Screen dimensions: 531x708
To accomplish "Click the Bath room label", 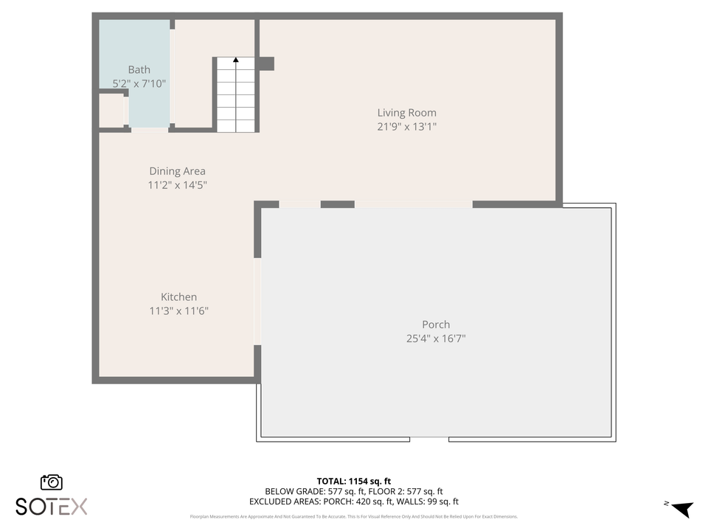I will tap(139, 70).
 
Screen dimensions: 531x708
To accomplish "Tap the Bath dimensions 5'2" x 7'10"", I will tap(139, 84).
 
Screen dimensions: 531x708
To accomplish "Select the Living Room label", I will tap(406, 113).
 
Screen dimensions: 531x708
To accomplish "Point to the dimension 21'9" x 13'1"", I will tap(406, 127).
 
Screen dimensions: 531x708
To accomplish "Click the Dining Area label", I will tap(177, 171).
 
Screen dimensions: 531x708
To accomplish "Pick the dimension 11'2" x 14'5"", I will tap(177, 185).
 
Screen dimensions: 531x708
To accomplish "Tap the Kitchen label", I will tap(178, 297).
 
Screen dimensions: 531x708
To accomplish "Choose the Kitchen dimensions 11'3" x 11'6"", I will tap(178, 311).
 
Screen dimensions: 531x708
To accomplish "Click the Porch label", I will tap(436, 324).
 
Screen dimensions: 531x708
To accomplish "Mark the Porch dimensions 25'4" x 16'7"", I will tap(436, 339).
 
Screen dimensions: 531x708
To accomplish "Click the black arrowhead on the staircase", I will tap(236, 60).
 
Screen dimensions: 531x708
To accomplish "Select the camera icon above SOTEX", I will tap(52, 482).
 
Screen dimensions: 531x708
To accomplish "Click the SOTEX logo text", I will tap(52, 506).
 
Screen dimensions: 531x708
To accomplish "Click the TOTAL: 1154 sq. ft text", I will tap(353, 480).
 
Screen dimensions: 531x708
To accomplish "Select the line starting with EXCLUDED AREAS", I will tap(353, 502).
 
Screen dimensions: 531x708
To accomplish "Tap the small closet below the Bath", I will tap(111, 111).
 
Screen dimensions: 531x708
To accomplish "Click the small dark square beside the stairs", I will tap(266, 63).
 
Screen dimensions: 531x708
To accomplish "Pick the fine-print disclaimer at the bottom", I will tap(353, 516).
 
